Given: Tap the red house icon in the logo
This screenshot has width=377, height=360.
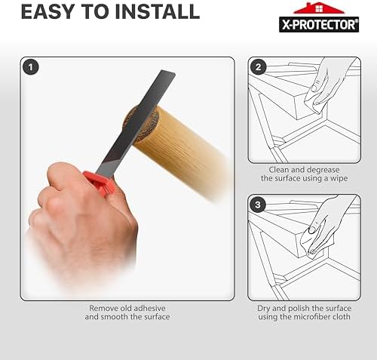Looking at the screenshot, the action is (319, 8).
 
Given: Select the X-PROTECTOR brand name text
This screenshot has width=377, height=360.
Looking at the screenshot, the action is (319, 25).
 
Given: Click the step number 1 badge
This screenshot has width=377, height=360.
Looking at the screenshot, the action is (31, 67).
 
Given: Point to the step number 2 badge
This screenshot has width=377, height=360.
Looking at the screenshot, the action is (258, 67).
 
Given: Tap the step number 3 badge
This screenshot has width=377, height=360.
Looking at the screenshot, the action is (258, 205).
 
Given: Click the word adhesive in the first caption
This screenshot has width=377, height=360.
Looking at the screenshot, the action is (149, 308).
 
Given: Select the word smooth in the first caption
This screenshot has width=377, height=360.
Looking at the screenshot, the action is (115, 317).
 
